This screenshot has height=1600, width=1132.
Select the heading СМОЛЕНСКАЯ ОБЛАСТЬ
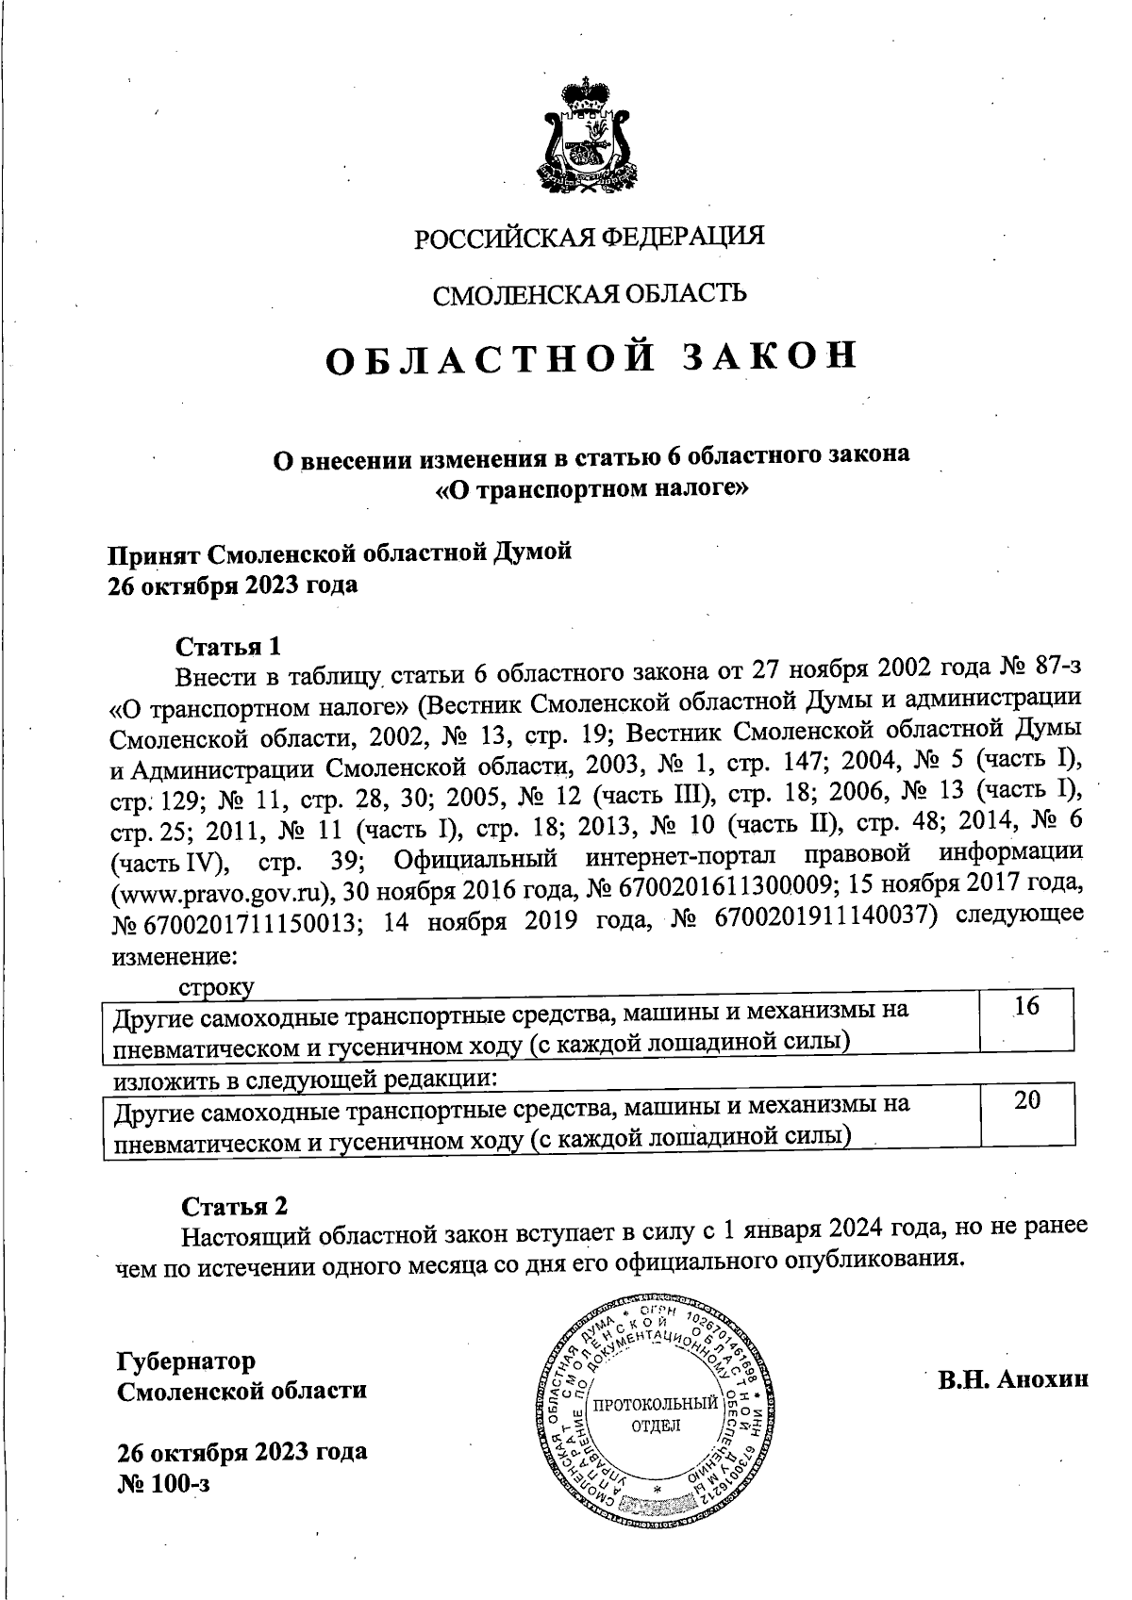pos(590,294)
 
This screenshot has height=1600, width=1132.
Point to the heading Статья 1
pos(228,647)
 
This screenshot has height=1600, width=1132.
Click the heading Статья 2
pos(234,1206)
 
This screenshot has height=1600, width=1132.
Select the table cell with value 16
pos(1026,1007)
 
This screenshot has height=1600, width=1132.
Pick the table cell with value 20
pos(1026,1099)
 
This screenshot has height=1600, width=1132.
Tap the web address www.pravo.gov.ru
pos(223,892)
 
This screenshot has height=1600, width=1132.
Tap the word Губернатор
pos(186,1361)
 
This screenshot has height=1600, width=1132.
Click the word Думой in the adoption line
pos(533,552)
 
